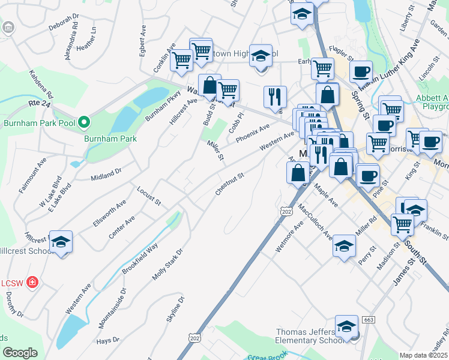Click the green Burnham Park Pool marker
coord(85,124)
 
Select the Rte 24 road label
coord(37,104)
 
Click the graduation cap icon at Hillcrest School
coord(60,242)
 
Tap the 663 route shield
coord(369,320)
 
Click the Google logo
coord(20,353)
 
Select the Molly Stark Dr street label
coord(167,264)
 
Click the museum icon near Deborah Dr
coord(8,28)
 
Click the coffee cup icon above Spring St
coord(361,72)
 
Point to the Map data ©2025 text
coord(424,355)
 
